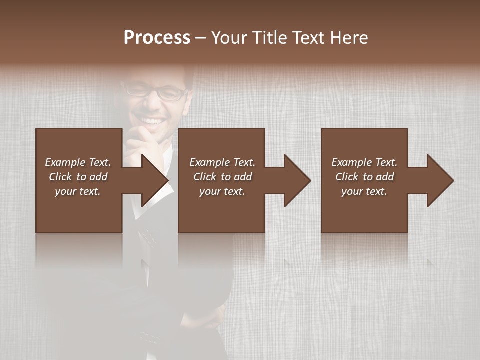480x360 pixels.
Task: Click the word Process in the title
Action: click(x=157, y=37)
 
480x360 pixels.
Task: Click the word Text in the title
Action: click(x=308, y=37)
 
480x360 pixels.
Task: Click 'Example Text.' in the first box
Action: click(x=78, y=162)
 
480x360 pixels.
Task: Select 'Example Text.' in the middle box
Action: click(x=222, y=162)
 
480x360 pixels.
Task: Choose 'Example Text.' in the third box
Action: click(x=364, y=162)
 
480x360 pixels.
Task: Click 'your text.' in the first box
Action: click(x=78, y=191)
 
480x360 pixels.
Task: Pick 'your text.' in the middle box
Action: click(x=222, y=191)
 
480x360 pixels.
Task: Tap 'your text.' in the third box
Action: click(x=364, y=191)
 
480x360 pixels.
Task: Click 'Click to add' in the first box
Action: click(x=78, y=177)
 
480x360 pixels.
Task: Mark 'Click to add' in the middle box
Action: click(x=222, y=177)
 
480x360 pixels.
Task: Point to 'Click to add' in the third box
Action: click(x=364, y=177)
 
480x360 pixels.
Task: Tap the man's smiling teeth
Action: click(x=153, y=121)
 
